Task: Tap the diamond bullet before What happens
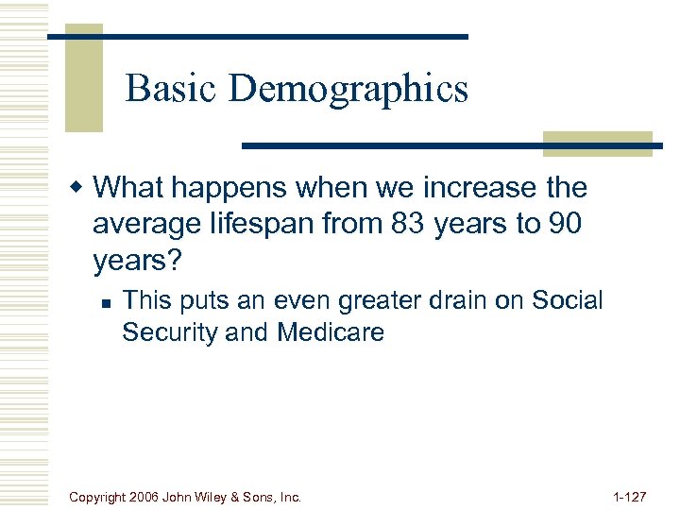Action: coord(82,188)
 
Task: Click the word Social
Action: coord(567,300)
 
